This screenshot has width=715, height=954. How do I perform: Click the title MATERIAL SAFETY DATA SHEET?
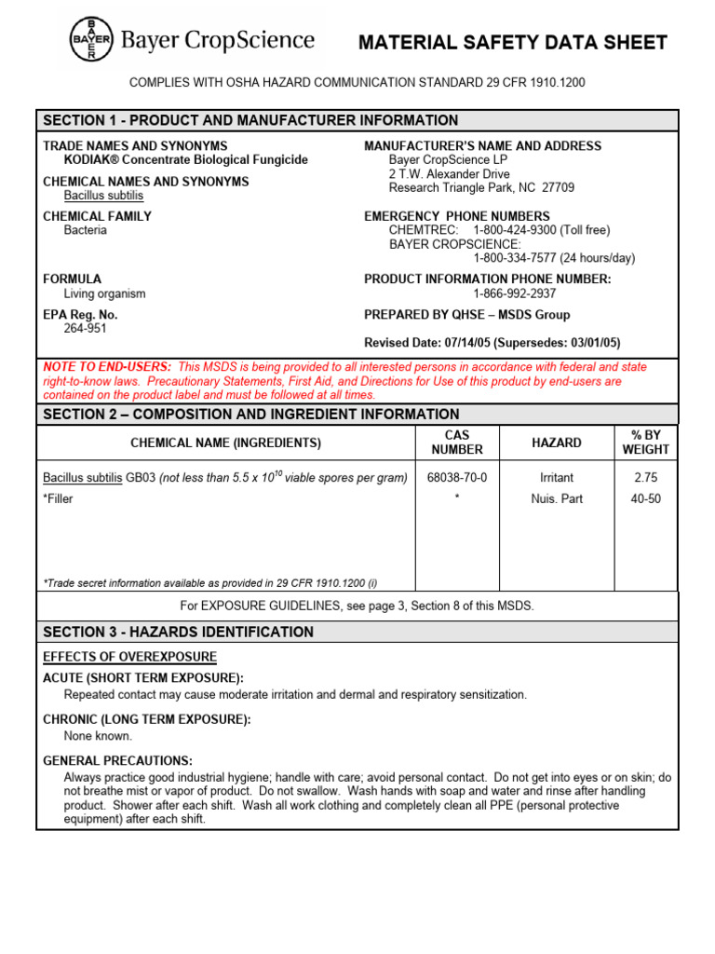click(x=513, y=43)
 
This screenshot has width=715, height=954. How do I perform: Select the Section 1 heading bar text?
click(x=250, y=120)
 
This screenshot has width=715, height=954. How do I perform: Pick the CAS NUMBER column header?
click(x=456, y=443)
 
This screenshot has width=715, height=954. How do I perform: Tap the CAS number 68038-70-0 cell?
click(x=456, y=477)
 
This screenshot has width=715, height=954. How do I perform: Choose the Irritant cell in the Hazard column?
click(x=557, y=477)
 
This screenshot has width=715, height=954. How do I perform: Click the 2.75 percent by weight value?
click(x=645, y=477)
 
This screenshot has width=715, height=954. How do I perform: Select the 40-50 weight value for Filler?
click(x=645, y=498)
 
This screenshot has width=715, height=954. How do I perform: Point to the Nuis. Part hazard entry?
click(x=557, y=498)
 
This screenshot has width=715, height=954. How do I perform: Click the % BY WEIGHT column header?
click(x=645, y=443)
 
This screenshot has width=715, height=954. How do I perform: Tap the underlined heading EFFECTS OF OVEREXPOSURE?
click(x=129, y=657)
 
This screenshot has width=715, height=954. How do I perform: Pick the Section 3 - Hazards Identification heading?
click(x=178, y=632)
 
